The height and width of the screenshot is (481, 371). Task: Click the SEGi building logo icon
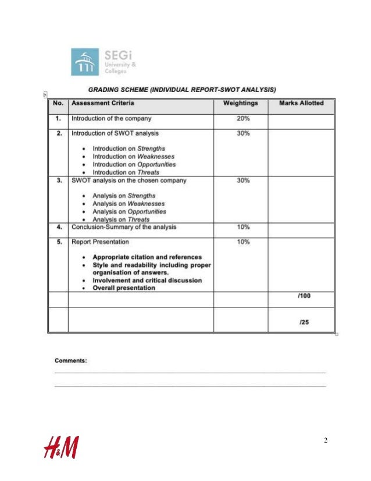point(85,62)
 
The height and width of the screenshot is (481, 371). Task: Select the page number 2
point(326,440)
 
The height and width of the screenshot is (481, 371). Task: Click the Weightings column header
point(240,103)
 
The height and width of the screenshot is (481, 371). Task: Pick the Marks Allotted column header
point(301,103)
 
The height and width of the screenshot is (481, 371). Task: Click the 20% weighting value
point(244,118)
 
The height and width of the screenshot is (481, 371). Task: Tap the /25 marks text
point(304,321)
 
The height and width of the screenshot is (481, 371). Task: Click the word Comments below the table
point(70,360)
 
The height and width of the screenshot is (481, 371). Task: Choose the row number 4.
point(59,227)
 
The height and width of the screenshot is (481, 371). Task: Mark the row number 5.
point(59,241)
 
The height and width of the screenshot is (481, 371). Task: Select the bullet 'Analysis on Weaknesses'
point(129,204)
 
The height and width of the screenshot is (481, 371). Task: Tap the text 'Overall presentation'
point(124,288)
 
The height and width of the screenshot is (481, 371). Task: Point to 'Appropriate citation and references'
point(147,257)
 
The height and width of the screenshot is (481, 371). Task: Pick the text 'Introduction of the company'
point(111,118)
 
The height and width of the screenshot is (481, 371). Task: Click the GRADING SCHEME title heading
point(181,90)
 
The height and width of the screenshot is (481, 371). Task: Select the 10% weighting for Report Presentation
point(244,241)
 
